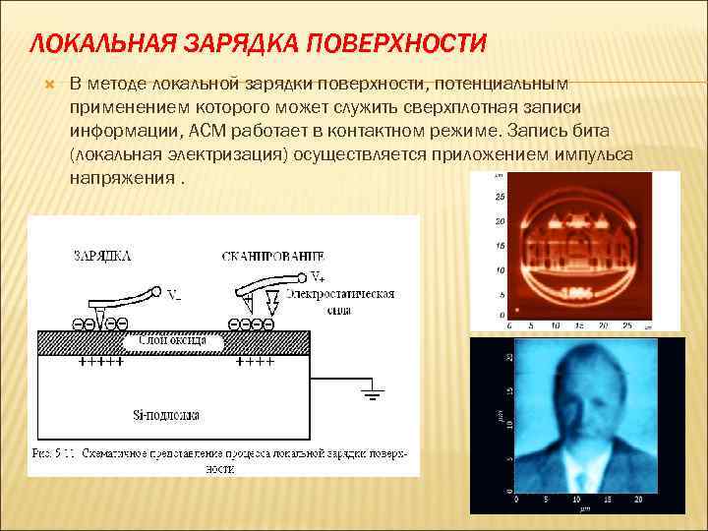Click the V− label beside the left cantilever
(x=173, y=294)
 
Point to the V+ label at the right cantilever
(x=318, y=275)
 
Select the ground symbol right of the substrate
(x=372, y=395)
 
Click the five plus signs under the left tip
(x=99, y=362)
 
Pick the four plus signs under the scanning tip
(x=255, y=362)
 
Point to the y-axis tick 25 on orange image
(x=500, y=197)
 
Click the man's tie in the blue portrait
(x=569, y=471)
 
